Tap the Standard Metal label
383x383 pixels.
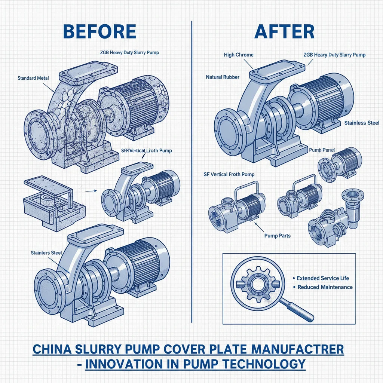coord(33,78)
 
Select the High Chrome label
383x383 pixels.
coord(239,55)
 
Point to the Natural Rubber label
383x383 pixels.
coord(223,77)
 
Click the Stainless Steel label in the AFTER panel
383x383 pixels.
coord(362,123)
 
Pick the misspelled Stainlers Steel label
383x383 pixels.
coord(46,253)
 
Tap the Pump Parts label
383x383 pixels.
coord(277,236)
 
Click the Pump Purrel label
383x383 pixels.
coord(321,150)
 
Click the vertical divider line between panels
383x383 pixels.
coord(191,168)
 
